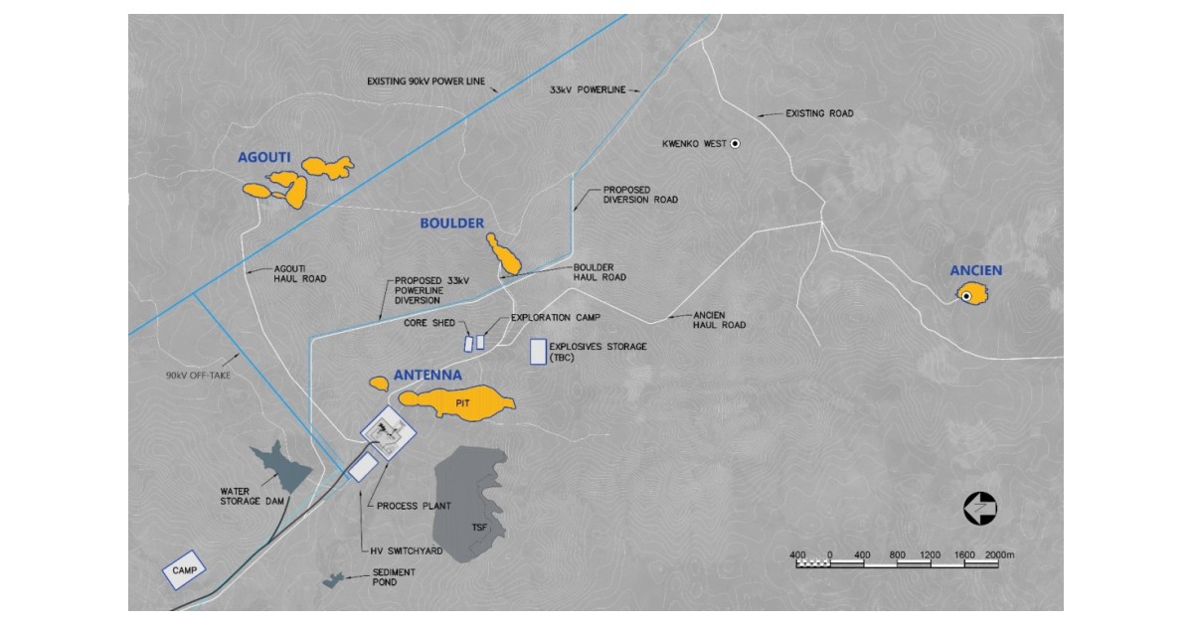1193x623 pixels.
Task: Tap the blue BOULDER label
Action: [x=451, y=224]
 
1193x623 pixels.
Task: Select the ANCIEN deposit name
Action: [x=975, y=270]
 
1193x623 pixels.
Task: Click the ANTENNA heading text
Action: [x=427, y=376]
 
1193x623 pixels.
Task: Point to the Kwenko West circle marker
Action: [x=735, y=144]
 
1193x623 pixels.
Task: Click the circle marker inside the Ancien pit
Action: [x=965, y=295]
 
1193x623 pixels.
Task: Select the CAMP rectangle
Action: [x=184, y=570]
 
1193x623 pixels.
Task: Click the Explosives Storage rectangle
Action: [x=537, y=352]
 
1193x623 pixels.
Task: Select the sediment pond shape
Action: [x=332, y=579]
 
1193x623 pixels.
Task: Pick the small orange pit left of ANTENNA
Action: [x=378, y=383]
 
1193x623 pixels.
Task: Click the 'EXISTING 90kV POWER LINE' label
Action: [x=426, y=81]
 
